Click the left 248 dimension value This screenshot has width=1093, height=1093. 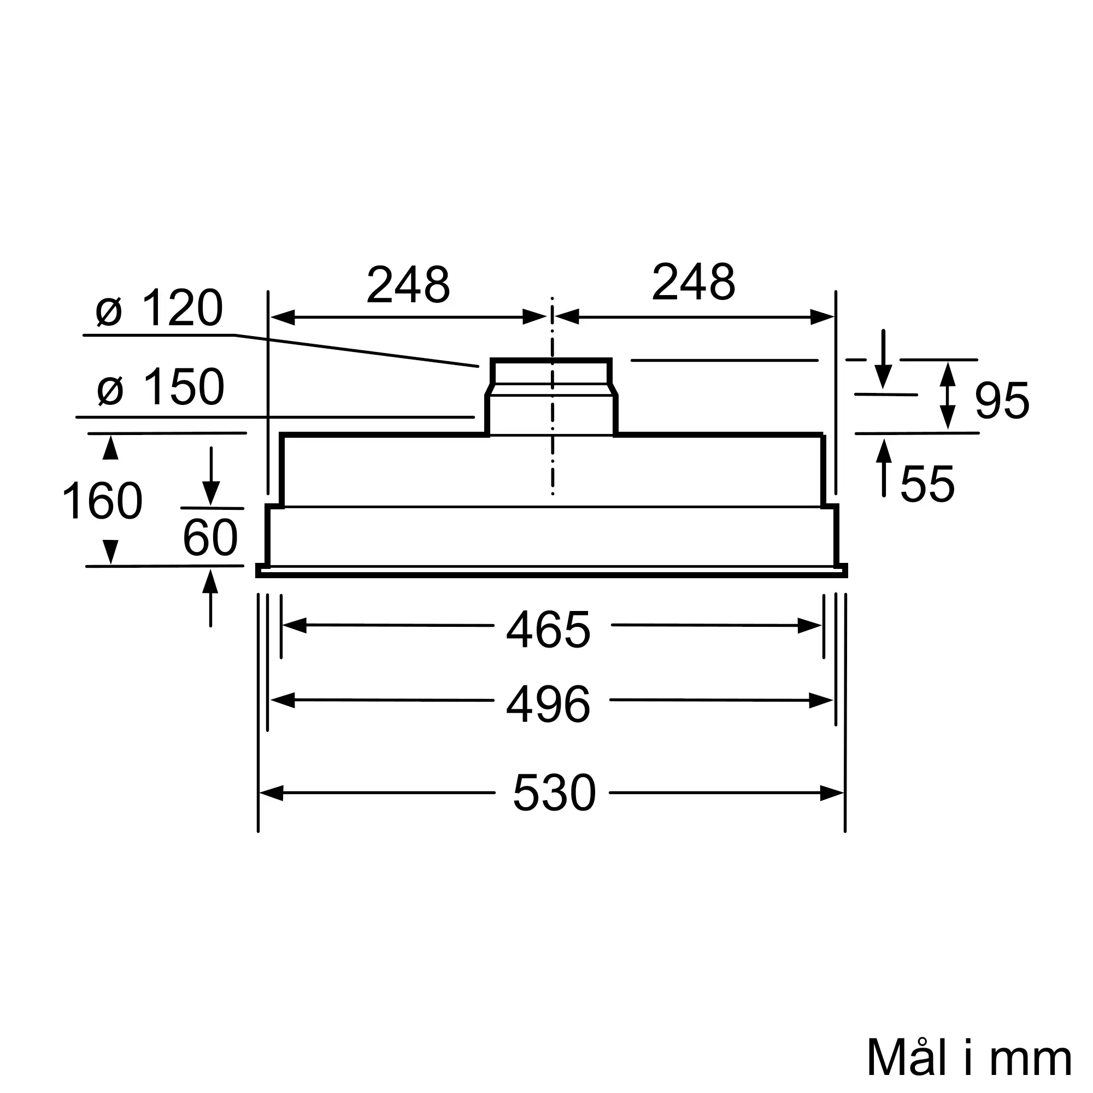click(408, 284)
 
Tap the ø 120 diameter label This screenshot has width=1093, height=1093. click(160, 308)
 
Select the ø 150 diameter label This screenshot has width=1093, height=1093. click(161, 386)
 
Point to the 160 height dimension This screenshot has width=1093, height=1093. click(102, 501)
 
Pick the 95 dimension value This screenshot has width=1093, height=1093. click(1002, 401)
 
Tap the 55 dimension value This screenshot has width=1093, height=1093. click(927, 484)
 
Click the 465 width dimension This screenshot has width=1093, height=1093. click(548, 630)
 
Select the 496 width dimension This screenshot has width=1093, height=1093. click(548, 704)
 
